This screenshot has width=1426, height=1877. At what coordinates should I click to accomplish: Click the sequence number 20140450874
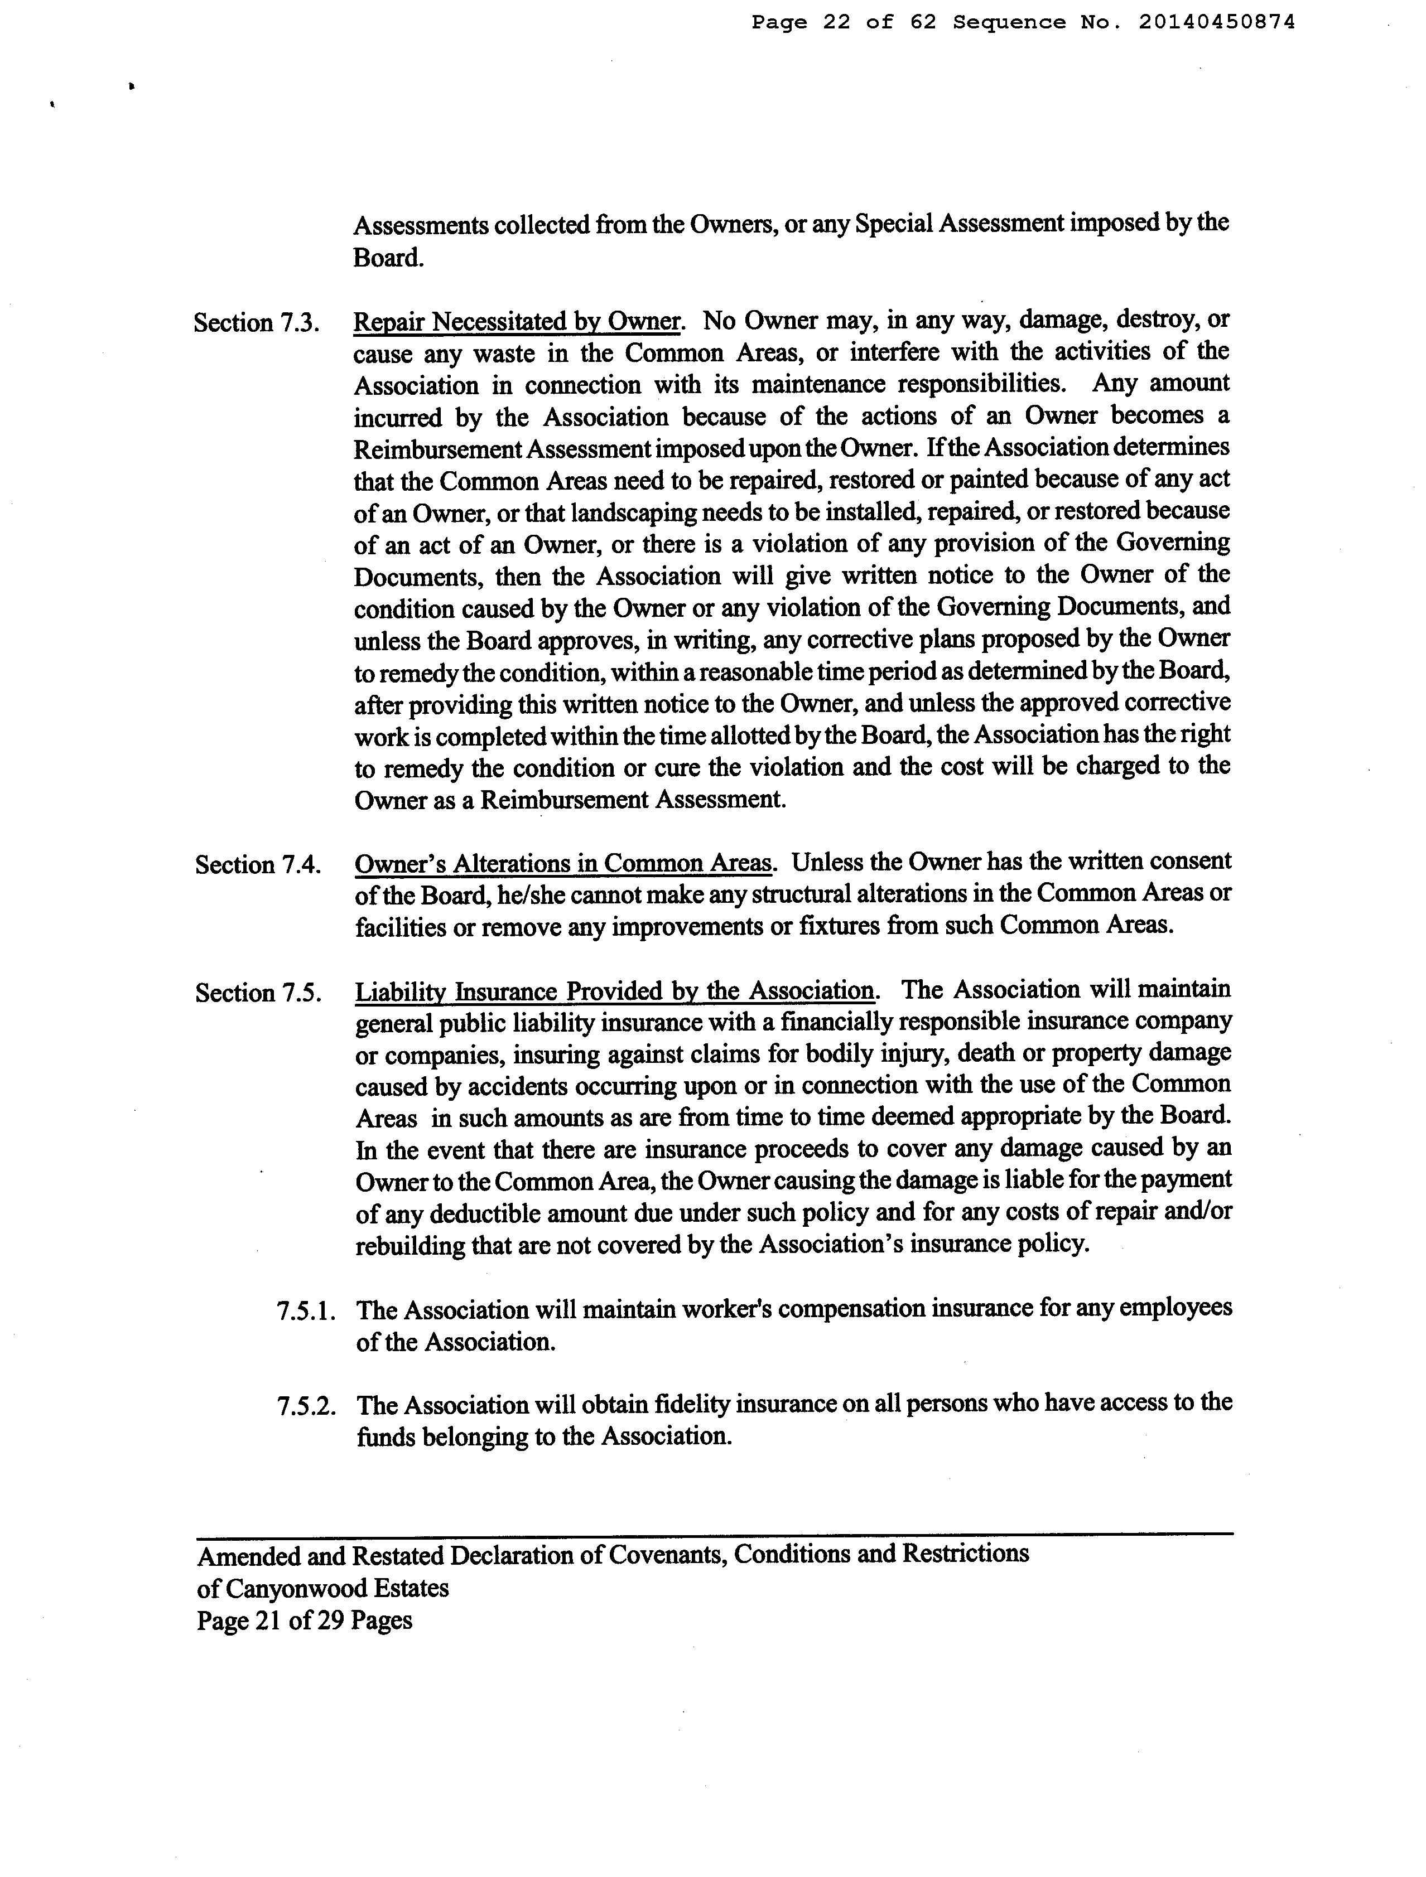click(x=1216, y=23)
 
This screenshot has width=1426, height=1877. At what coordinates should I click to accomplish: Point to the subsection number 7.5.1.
click(x=306, y=1311)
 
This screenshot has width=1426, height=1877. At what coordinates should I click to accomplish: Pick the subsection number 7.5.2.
click(x=306, y=1406)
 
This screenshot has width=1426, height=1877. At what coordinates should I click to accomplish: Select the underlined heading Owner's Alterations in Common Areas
click(x=563, y=864)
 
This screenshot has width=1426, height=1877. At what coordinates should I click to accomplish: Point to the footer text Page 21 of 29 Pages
click(x=305, y=1620)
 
